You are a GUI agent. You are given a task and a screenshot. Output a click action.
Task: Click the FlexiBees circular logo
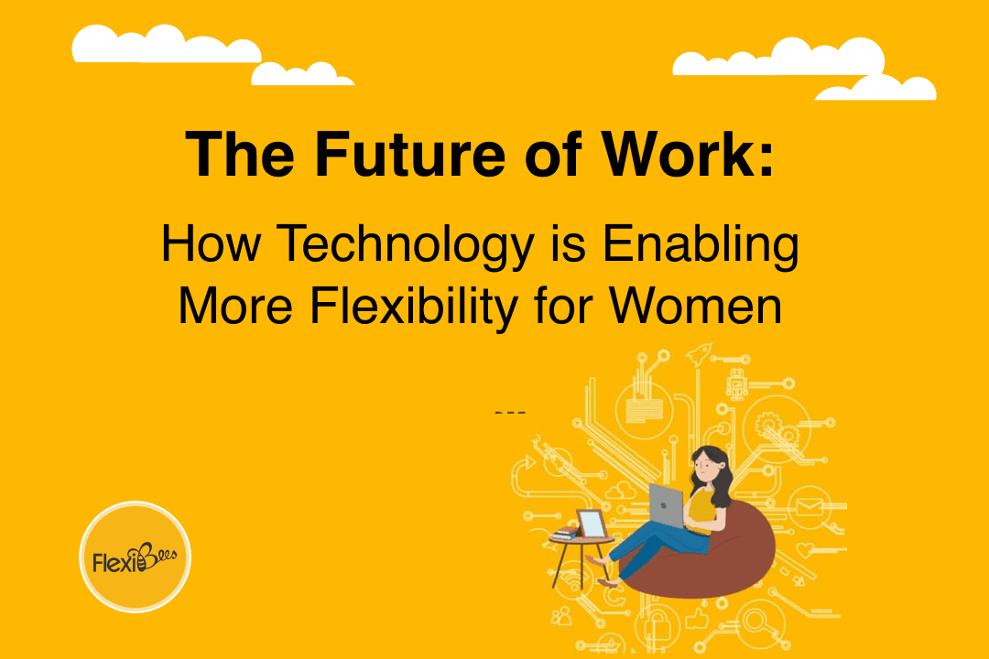tap(136, 556)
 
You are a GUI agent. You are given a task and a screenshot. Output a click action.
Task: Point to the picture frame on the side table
tap(591, 524)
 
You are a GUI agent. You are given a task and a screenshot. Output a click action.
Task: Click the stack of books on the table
tap(565, 532)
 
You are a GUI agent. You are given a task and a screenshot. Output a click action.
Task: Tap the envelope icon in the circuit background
tap(810, 506)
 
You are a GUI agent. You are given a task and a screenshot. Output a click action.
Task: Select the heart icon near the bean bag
tap(806, 548)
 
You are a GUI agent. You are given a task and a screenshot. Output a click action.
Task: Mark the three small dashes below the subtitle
tap(510, 413)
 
